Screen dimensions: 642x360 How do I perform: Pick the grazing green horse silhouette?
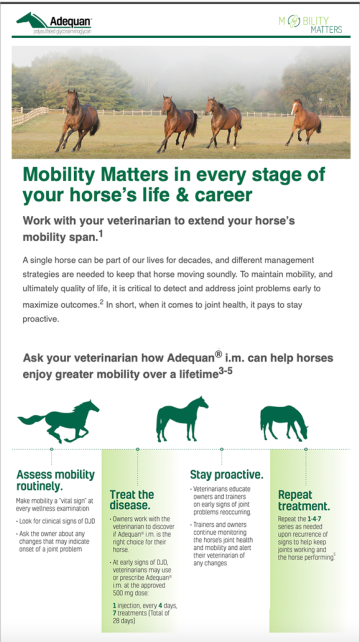[x=283, y=422]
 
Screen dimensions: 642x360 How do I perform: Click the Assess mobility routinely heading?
[x=55, y=480]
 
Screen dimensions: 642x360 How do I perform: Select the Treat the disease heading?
[x=131, y=500]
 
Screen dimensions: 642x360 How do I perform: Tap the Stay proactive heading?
[x=226, y=474]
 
